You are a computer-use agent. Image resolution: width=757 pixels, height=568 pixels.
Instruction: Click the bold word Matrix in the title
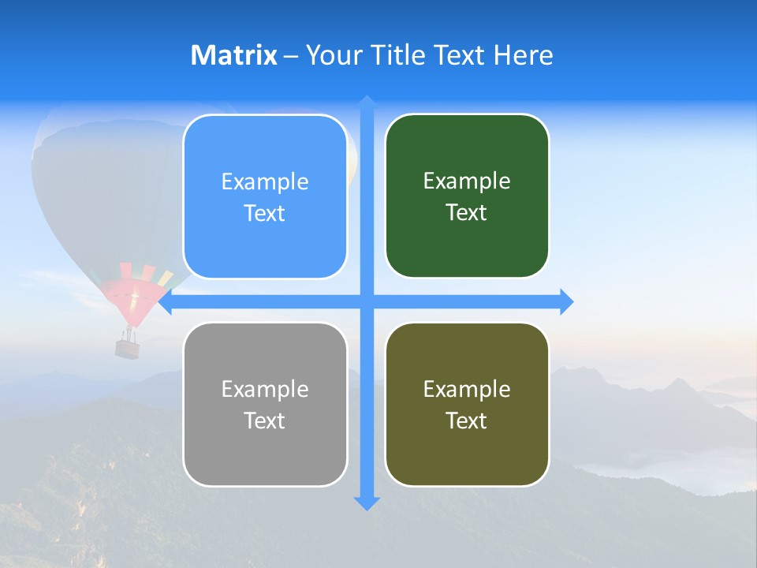[234, 55]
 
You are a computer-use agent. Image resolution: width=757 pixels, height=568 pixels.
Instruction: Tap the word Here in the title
[524, 55]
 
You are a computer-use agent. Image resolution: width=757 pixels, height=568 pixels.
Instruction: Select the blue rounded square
[265, 196]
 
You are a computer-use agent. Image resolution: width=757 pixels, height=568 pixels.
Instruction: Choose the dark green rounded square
[467, 196]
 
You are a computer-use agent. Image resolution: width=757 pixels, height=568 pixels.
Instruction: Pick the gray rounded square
[265, 404]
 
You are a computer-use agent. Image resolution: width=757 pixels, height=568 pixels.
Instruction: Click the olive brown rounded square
[467, 404]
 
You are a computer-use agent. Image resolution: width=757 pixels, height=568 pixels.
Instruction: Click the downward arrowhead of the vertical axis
[367, 503]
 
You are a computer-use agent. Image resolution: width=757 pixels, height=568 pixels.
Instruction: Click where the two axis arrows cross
[367, 301]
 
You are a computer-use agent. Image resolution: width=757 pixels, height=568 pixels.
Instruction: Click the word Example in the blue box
[265, 182]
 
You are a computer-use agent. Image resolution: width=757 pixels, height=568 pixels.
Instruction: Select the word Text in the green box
[467, 213]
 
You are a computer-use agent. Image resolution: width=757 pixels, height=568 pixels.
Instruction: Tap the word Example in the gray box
[265, 389]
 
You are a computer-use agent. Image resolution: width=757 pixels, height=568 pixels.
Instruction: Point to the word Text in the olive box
[467, 420]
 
